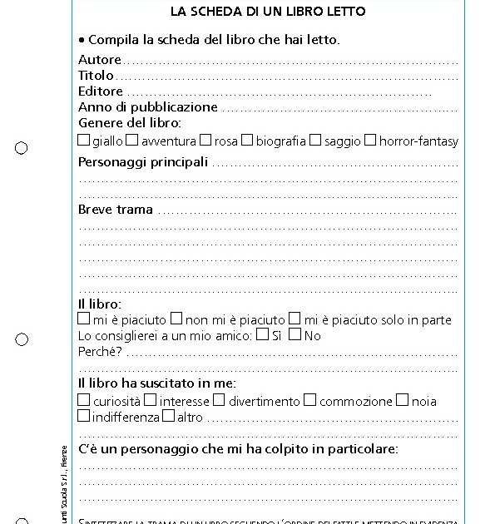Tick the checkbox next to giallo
[84, 141]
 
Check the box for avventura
[132, 141]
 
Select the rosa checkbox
[205, 141]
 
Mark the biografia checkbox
[247, 141]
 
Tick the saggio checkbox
[315, 141]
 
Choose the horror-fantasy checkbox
[370, 141]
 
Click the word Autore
[100, 60]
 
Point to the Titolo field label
[96, 76]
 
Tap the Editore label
[101, 91]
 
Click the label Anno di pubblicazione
[148, 107]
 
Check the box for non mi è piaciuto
[176, 319]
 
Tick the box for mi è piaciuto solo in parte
[294, 319]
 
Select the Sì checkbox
[263, 334]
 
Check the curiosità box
[84, 400]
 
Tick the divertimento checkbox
[220, 400]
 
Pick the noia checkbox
[403, 400]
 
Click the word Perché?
[101, 352]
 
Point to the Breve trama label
[116, 210]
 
